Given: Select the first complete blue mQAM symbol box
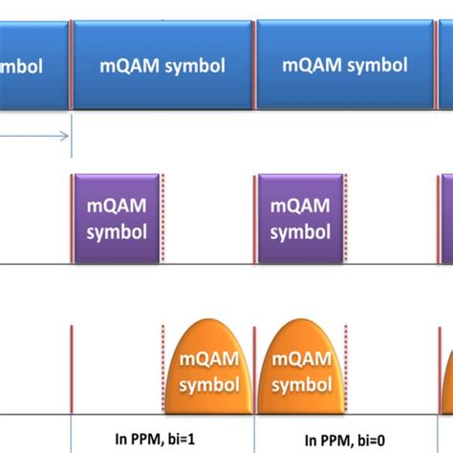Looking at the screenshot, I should point(162,66).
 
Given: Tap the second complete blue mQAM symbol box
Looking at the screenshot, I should point(345,66).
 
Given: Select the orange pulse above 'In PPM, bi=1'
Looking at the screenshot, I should point(209,369).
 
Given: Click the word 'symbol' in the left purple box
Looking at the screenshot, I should point(117,231).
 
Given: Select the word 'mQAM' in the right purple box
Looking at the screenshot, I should point(300,205).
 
